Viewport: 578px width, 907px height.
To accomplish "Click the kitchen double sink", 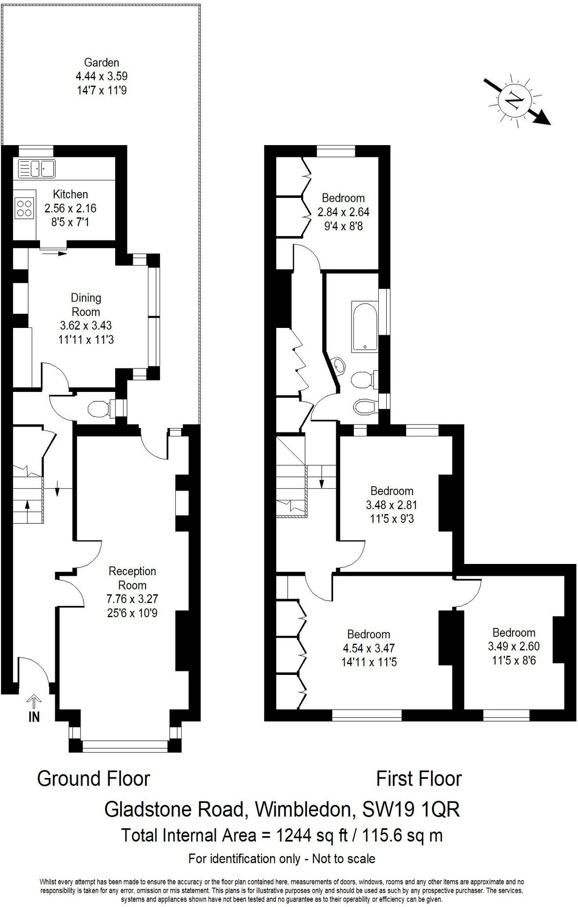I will point(37,169).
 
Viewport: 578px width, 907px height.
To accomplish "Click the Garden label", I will point(102,63).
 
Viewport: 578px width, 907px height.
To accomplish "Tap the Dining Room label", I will point(86,304).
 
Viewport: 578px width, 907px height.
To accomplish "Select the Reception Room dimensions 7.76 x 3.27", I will point(132,599).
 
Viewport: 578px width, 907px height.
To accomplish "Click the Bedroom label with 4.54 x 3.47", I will point(369,634).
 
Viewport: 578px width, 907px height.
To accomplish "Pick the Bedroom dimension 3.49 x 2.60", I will point(514,646).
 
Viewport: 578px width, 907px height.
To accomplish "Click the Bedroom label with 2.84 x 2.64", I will point(343,198).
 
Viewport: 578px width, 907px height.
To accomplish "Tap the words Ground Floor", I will point(93,778).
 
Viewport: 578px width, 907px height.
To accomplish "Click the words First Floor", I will point(418,778).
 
